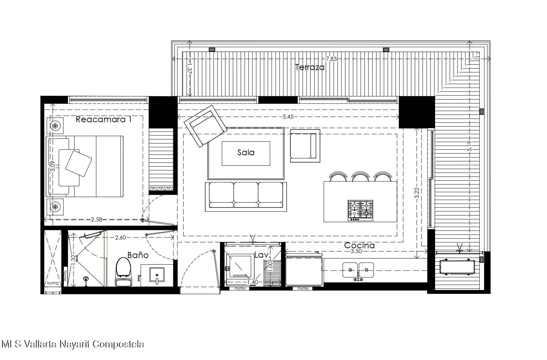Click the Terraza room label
(310, 67)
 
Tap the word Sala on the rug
(246, 152)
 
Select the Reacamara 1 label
(104, 119)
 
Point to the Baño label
(138, 255)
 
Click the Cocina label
(359, 245)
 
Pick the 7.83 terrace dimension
(332, 59)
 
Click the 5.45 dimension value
(288, 117)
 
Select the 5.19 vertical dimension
(470, 146)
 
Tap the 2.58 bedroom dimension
(97, 219)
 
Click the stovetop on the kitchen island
(360, 211)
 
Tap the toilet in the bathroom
(123, 272)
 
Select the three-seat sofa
(246, 197)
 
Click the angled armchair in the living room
(206, 126)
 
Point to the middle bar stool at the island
(360, 176)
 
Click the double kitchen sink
(358, 270)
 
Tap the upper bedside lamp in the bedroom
(55, 126)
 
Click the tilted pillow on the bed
(79, 163)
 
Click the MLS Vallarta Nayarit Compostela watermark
(73, 344)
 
